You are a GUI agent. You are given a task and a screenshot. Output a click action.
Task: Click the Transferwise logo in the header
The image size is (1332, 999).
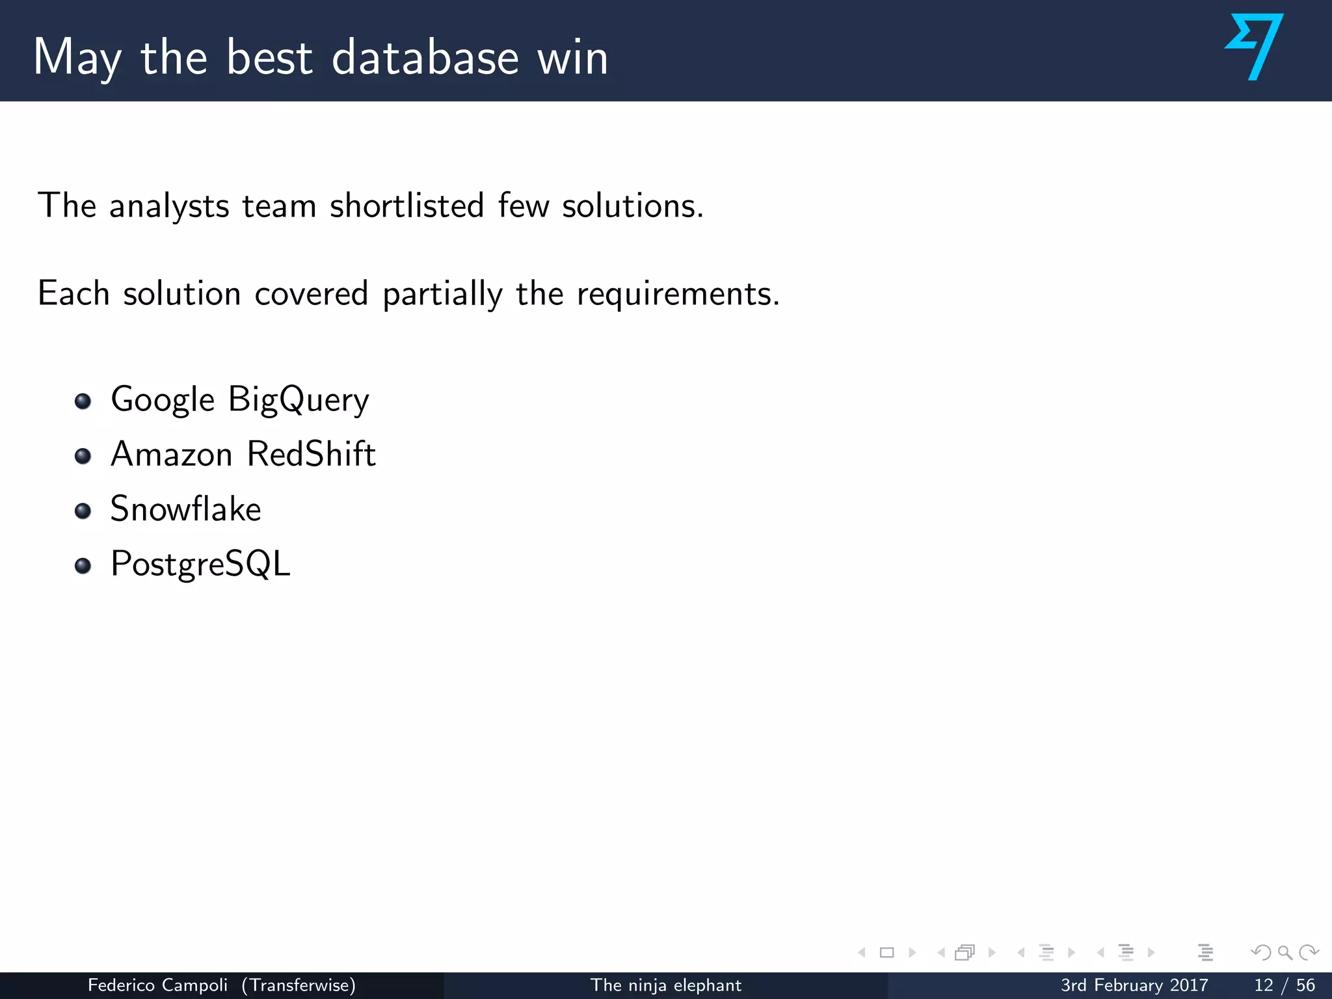1255,47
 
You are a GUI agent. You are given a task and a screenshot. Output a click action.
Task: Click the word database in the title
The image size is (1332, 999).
425,57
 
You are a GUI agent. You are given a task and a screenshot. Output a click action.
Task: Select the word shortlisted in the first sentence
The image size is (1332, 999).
407,206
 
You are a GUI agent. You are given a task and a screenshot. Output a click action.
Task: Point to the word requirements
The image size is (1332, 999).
678,294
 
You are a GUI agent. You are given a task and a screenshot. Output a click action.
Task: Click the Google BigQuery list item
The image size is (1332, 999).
240,399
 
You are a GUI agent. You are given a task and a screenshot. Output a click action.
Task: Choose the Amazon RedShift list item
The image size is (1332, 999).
243,454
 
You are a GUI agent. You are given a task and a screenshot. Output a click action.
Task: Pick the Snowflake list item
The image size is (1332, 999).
186,509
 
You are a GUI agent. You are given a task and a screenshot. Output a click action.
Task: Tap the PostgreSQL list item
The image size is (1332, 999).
200,564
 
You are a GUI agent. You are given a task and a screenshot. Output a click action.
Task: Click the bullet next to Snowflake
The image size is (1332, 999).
83,511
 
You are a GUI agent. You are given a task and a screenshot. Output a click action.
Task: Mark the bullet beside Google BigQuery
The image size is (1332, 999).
83,401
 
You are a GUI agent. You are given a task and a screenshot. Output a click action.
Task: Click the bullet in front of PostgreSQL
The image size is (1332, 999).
83,566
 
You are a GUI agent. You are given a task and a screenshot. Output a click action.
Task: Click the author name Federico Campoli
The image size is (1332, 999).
157,985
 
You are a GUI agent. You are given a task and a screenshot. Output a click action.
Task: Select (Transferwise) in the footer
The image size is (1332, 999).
299,985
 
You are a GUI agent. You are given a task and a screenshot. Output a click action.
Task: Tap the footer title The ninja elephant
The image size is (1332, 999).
665,985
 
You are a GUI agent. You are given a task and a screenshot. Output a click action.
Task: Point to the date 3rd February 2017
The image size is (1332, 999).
1134,985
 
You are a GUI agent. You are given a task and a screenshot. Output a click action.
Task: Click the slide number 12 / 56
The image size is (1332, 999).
1284,985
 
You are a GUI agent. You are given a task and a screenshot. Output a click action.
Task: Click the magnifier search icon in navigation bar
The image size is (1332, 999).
1285,953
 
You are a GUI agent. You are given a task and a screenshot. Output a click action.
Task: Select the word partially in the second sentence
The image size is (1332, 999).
442,294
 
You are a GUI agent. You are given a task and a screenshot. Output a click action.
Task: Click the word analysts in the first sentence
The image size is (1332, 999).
169,207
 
